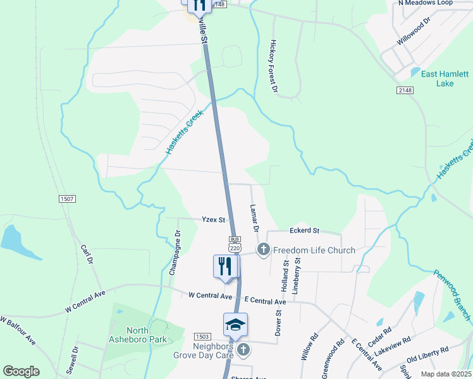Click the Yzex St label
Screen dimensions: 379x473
click(x=213, y=220)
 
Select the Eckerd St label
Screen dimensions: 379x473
click(x=304, y=231)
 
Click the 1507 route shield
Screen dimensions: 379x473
click(x=68, y=199)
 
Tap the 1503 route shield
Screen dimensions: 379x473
click(x=202, y=337)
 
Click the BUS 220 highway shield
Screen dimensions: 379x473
click(x=235, y=244)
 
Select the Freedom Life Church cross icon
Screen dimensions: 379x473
click(x=263, y=250)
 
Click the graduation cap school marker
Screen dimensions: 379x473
click(x=235, y=325)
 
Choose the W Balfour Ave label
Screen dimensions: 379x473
click(x=18, y=330)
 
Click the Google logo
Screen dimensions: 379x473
click(x=21, y=371)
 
